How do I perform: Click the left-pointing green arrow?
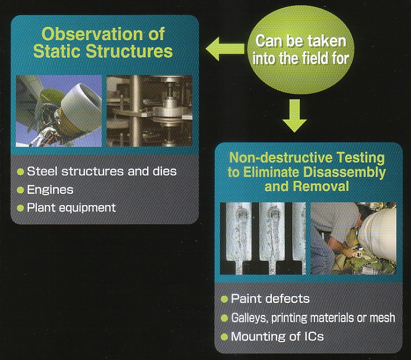225,49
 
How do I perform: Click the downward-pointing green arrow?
295,115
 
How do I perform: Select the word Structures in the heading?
129,51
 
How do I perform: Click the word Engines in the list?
50,190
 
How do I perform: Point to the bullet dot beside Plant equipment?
20,208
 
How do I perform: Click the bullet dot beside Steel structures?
20,172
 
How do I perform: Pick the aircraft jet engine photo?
58,111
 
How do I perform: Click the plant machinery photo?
150,111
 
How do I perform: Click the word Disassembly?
344,172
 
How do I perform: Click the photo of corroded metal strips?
263,238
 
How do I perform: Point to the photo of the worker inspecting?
354,238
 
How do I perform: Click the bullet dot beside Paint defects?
224,299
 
